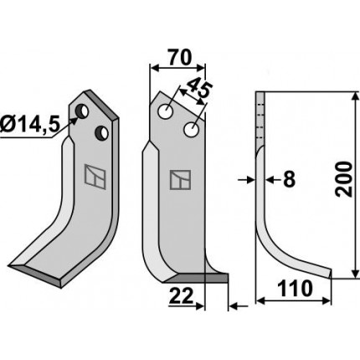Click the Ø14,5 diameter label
[x=30, y=126]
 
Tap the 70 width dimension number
[x=179, y=58]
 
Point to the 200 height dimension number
[x=344, y=179]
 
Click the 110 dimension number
[x=296, y=289]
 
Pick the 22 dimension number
[x=182, y=296]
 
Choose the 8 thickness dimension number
[x=289, y=179]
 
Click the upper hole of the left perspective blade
[x=82, y=111]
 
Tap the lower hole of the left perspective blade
[x=102, y=133]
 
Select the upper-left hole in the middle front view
[x=166, y=111]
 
